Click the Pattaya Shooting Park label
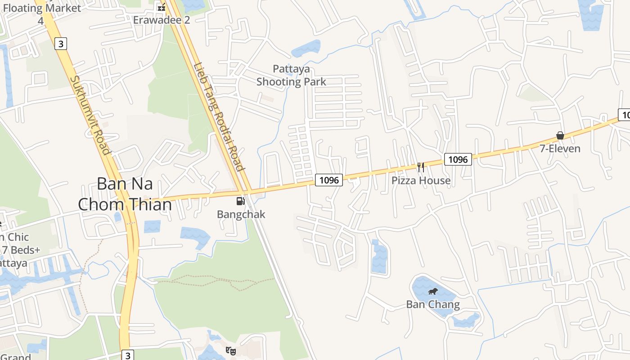291,75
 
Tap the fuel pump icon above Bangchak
241,201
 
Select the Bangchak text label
241,214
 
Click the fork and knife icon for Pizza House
421,167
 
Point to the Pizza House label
421,180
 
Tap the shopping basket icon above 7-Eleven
560,135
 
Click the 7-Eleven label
560,148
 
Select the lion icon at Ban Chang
433,292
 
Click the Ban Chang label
433,305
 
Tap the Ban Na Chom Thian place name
125,194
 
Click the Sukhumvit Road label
90,115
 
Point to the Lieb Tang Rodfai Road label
219,116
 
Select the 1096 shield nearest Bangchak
329,180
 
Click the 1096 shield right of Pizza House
458,159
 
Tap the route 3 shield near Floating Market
61,44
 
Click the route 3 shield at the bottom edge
128,355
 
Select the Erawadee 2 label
162,20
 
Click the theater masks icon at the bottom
231,351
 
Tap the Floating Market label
42,8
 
